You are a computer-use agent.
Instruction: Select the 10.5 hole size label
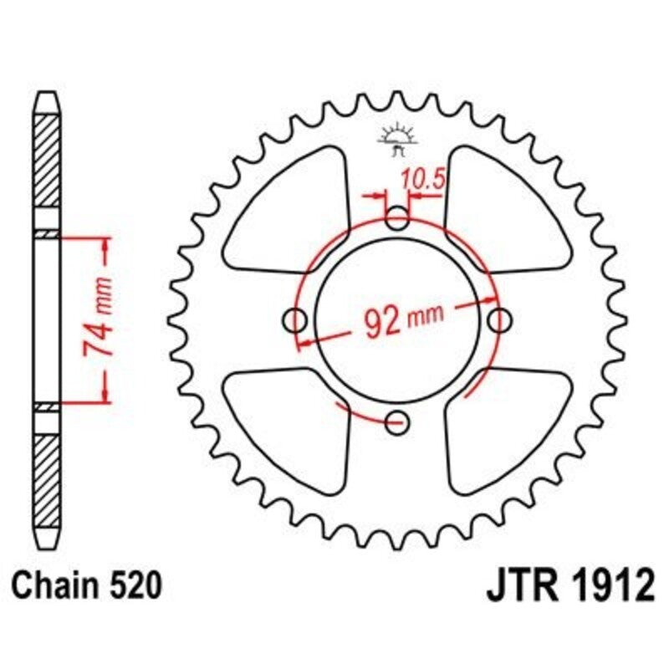pos(421,179)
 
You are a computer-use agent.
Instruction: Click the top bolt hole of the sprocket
pos(398,219)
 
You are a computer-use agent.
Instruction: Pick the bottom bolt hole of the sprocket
pos(398,420)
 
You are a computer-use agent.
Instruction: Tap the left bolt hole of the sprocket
pos(295,319)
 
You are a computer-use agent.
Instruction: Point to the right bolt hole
pos(500,319)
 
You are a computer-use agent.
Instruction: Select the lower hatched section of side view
pos(47,468)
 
